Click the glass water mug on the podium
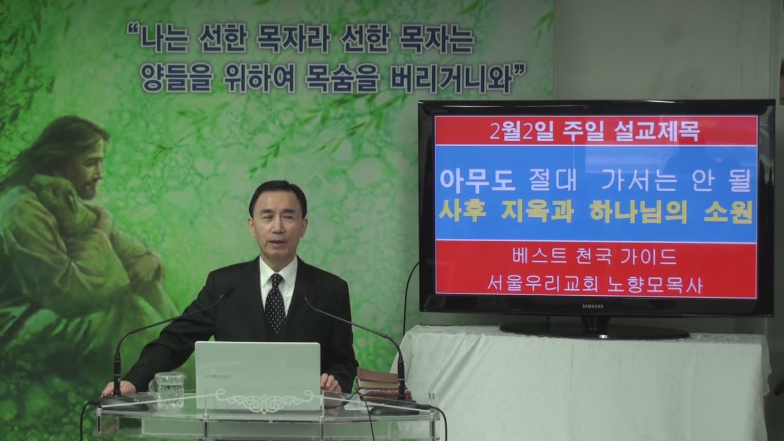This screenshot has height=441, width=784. click(x=167, y=391)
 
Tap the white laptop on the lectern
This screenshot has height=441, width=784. click(x=258, y=376)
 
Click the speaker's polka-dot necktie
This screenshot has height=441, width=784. click(x=275, y=303)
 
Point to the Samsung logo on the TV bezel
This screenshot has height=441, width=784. click(x=592, y=306)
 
